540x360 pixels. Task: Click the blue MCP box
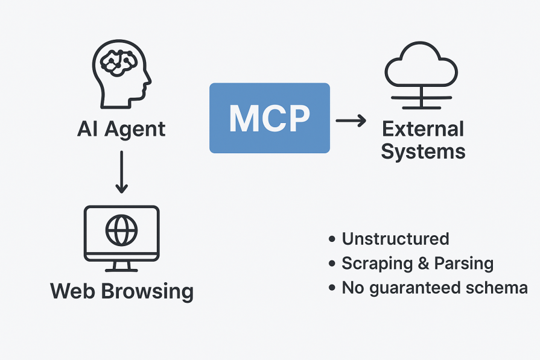(x=269, y=118)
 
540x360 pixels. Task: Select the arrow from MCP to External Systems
(x=351, y=121)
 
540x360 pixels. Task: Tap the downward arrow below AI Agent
(x=121, y=172)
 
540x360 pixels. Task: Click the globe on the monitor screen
(x=121, y=230)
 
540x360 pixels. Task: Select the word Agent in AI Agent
(x=134, y=129)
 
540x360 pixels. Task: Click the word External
(x=423, y=129)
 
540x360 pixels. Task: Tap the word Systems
(x=423, y=151)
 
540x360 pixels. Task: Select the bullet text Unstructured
(x=395, y=239)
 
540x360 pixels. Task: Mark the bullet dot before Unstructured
(x=332, y=239)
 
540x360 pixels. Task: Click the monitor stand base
(x=121, y=270)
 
